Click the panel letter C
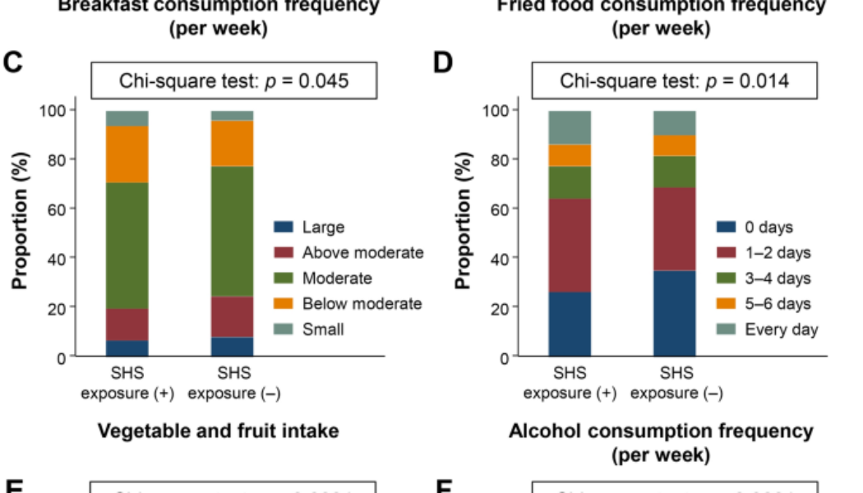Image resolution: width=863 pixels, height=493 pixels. pyautogui.click(x=12, y=63)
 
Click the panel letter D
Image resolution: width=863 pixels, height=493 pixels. pyautogui.click(x=443, y=63)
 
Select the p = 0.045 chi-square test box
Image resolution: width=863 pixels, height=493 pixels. pyautogui.click(x=234, y=81)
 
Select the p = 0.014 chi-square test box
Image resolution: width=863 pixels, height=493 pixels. pyautogui.click(x=675, y=81)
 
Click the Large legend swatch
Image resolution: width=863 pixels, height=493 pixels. pyautogui.click(x=283, y=228)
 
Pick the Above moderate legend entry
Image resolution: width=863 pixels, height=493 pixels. pyautogui.click(x=362, y=253)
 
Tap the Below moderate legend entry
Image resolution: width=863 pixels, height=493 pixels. pyautogui.click(x=362, y=304)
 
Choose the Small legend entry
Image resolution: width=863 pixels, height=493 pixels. pyautogui.click(x=323, y=329)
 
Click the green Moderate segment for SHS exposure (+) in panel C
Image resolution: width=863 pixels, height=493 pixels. pyautogui.click(x=127, y=246)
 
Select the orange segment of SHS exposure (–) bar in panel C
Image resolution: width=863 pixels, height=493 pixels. pyautogui.click(x=233, y=144)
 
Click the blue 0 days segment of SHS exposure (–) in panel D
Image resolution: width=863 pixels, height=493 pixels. pyautogui.click(x=675, y=313)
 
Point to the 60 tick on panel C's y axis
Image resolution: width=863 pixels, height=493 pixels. pyautogui.click(x=54, y=209)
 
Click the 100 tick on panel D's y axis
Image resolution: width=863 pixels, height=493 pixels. pyautogui.click(x=496, y=110)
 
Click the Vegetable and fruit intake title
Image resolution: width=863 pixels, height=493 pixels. pyautogui.click(x=219, y=431)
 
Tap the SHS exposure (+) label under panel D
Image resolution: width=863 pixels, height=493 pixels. pyautogui.click(x=570, y=383)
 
